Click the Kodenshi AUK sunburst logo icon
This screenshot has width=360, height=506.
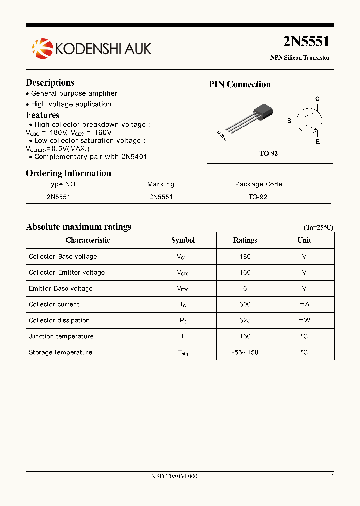(x=42, y=48)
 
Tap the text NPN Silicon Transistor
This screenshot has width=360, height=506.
(x=300, y=58)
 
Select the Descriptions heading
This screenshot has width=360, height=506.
(x=50, y=83)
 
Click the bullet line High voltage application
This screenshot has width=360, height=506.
(x=71, y=104)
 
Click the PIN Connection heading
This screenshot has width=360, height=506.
(x=239, y=84)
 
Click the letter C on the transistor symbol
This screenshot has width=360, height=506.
(x=317, y=99)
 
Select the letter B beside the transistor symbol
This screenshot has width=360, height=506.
(x=289, y=121)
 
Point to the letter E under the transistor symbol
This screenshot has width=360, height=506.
(x=317, y=142)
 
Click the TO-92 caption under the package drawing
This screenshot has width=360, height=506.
(x=268, y=154)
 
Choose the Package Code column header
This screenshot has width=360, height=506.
(x=258, y=184)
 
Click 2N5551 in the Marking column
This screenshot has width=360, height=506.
(x=161, y=197)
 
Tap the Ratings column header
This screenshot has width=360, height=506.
(x=245, y=240)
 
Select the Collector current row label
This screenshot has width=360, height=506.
(x=54, y=304)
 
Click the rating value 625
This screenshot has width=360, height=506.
(x=245, y=320)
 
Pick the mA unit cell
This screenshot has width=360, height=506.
(x=304, y=304)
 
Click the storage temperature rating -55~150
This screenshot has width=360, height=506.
(x=245, y=352)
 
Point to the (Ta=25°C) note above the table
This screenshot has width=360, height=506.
(x=318, y=227)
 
